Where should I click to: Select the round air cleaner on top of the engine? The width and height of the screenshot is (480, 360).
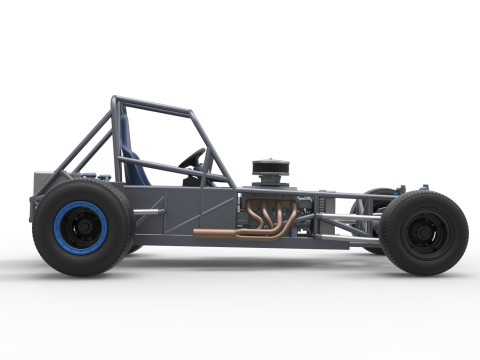[x=270, y=165]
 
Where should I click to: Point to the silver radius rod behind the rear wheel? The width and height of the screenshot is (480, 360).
[x=149, y=211]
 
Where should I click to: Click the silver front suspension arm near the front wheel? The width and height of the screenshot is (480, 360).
[x=360, y=217]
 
